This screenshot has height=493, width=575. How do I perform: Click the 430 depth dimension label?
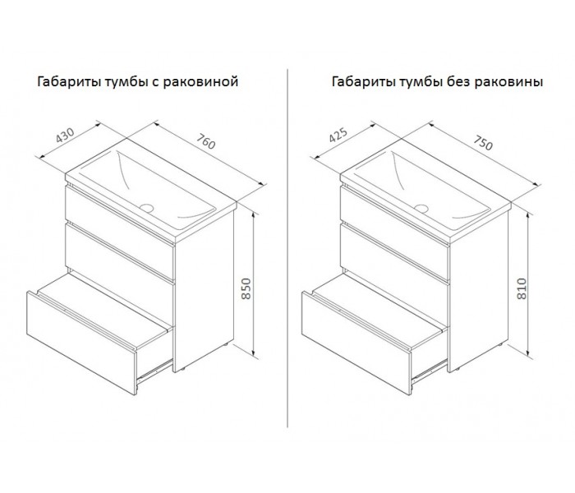(65, 135)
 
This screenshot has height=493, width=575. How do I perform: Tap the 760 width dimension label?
(205, 141)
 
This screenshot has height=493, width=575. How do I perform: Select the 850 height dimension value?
(246, 288)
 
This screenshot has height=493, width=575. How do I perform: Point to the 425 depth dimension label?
(338, 135)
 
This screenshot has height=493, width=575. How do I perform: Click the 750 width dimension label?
(483, 143)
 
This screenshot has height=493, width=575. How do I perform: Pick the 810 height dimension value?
(521, 288)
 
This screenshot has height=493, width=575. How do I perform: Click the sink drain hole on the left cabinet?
(146, 208)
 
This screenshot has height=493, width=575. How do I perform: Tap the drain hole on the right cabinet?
(421, 209)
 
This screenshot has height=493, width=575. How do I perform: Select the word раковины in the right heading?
(508, 81)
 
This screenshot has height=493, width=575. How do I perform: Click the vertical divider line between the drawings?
(287, 248)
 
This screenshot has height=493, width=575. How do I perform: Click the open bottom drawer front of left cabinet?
(82, 343)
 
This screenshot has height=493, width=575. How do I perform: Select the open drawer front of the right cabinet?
(356, 343)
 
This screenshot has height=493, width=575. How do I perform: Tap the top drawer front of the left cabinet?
(120, 233)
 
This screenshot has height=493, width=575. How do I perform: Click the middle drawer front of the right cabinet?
(395, 273)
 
